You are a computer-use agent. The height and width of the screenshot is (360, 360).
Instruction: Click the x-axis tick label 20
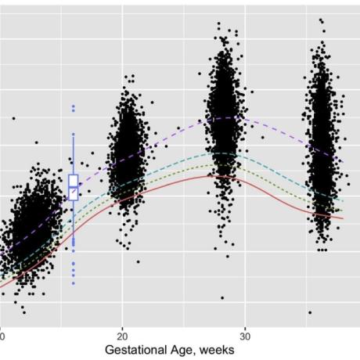(122, 337)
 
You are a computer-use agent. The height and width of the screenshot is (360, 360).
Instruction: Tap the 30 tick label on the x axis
(245, 337)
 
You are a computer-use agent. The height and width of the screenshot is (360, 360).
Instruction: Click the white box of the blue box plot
(74, 188)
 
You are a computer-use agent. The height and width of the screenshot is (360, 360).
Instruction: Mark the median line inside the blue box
(74, 186)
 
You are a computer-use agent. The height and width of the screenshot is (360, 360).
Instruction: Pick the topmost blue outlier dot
(74, 106)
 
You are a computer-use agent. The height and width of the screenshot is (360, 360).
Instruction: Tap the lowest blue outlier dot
(74, 283)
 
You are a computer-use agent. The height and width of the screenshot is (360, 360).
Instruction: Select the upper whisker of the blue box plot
(74, 155)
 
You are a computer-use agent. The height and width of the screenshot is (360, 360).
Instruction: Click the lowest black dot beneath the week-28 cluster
(222, 297)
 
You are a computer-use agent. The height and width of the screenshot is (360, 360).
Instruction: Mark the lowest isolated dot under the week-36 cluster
(310, 312)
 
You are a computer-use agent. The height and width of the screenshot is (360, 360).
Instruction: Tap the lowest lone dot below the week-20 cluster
(139, 261)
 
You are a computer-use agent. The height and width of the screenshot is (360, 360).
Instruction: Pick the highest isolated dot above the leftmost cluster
(14, 118)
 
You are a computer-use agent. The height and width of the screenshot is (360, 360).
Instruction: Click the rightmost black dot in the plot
(348, 184)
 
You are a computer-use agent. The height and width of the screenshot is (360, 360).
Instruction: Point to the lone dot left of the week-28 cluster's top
(200, 74)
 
